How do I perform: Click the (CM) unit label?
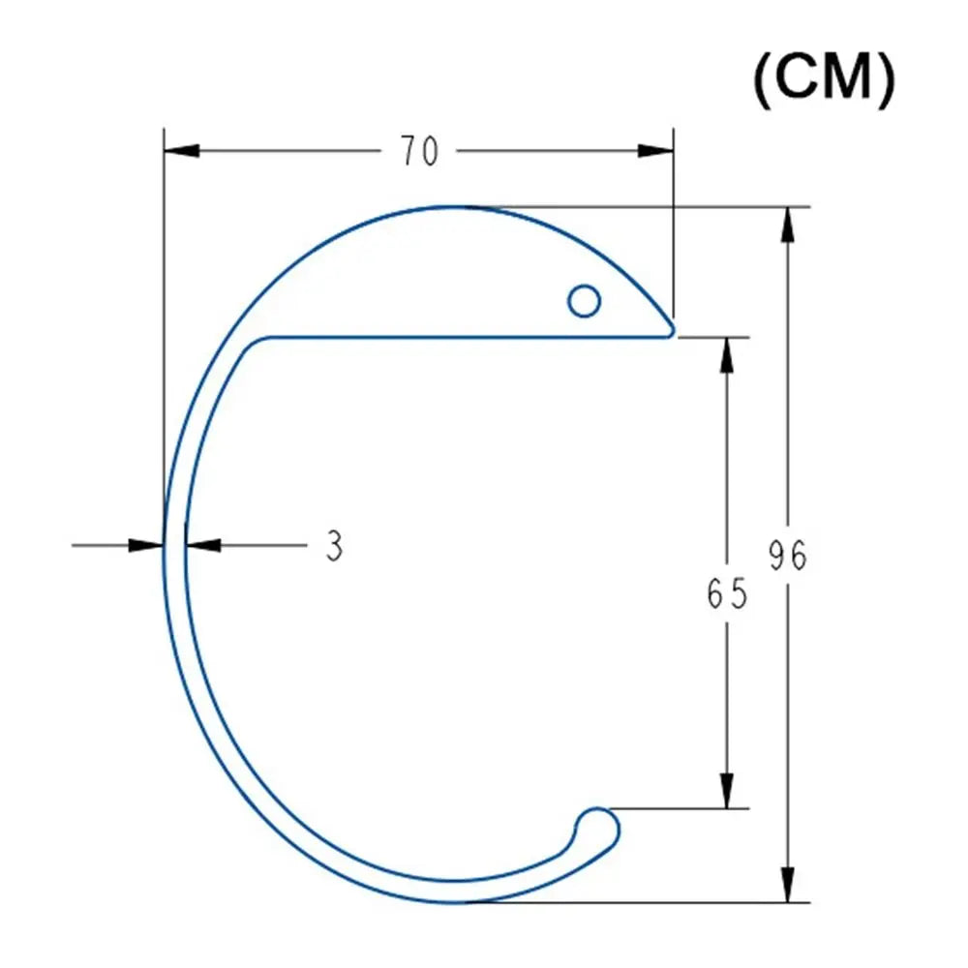824,79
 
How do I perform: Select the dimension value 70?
420,151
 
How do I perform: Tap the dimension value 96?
788,555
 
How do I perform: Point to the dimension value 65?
727,593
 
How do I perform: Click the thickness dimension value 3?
334,546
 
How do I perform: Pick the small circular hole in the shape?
584,301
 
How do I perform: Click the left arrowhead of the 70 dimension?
182,151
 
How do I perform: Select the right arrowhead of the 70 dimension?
655,151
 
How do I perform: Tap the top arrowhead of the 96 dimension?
787,225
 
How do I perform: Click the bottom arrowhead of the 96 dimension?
787,885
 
